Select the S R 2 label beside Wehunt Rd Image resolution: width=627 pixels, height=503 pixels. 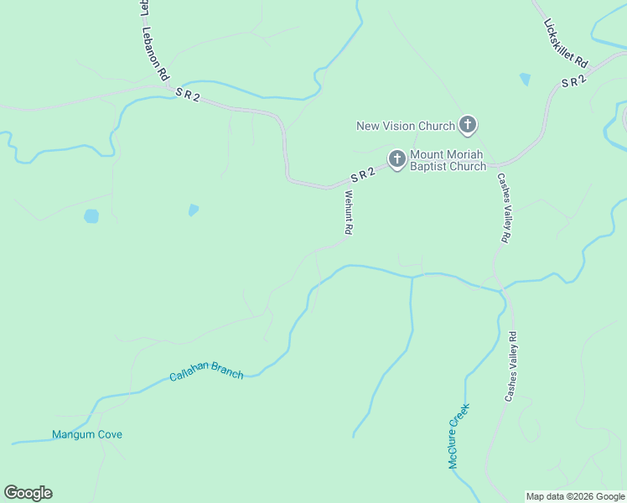(362, 176)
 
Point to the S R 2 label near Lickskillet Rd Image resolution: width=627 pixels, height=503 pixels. (573, 81)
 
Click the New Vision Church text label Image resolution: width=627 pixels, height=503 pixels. (406, 127)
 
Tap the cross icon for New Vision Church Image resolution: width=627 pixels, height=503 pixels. (468, 127)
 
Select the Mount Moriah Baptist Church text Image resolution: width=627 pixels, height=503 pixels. (448, 160)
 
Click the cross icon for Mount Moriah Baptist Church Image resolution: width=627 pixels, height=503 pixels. (396, 158)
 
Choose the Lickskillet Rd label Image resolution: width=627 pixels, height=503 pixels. (566, 43)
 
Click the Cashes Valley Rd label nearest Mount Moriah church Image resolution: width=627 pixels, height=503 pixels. (503, 208)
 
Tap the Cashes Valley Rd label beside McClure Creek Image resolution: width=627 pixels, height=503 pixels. (512, 366)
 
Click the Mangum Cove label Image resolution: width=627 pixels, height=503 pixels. (87, 434)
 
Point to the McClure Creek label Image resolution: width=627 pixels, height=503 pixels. (458, 436)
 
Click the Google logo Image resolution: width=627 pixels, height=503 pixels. (28, 493)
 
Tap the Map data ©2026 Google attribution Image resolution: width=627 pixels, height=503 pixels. (575, 496)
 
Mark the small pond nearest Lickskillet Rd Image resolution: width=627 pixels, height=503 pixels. (525, 80)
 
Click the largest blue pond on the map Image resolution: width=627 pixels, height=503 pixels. (91, 216)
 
